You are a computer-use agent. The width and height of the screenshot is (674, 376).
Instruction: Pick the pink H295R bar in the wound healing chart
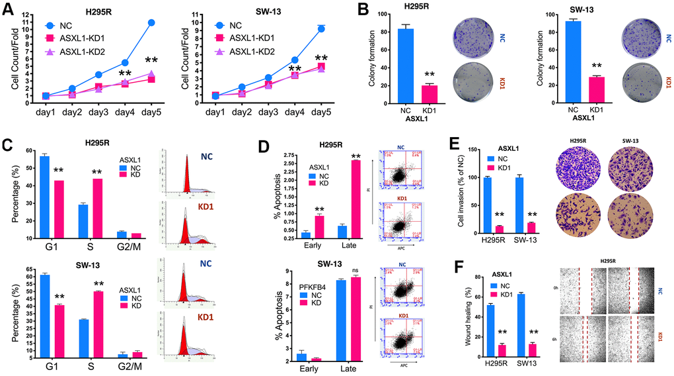pos(502,349)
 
